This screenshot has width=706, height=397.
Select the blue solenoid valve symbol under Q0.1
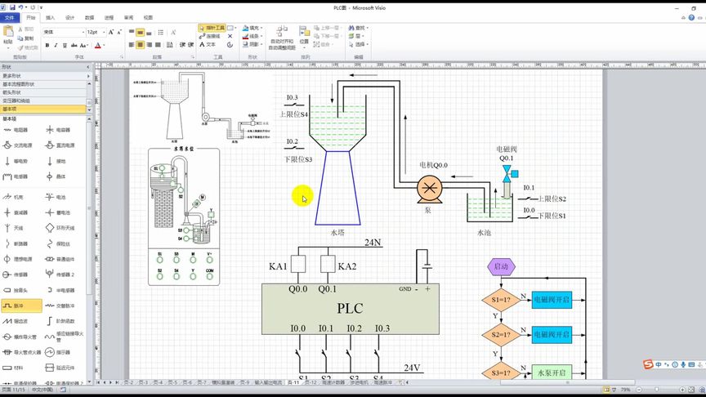pyautogui.click(x=507, y=172)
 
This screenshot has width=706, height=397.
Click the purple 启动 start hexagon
pyautogui.click(x=501, y=266)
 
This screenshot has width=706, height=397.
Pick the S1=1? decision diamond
pyautogui.click(x=501, y=300)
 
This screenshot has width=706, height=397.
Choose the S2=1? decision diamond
pyautogui.click(x=501, y=334)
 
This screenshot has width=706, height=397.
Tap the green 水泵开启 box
pyautogui.click(x=552, y=372)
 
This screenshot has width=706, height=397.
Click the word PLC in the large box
pyautogui.click(x=350, y=308)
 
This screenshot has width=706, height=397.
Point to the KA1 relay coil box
pyautogui.click(x=298, y=265)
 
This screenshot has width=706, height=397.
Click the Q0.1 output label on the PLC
pyautogui.click(x=327, y=289)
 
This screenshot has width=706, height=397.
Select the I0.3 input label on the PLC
pyautogui.click(x=381, y=328)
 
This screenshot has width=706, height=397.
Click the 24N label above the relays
pyautogui.click(x=373, y=243)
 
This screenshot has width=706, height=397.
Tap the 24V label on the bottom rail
pyautogui.click(x=411, y=368)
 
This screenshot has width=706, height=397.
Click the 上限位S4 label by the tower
pyautogui.click(x=294, y=114)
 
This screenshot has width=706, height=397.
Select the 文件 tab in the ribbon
pyautogui.click(x=10, y=16)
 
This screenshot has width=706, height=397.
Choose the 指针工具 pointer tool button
pyautogui.click(x=212, y=27)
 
